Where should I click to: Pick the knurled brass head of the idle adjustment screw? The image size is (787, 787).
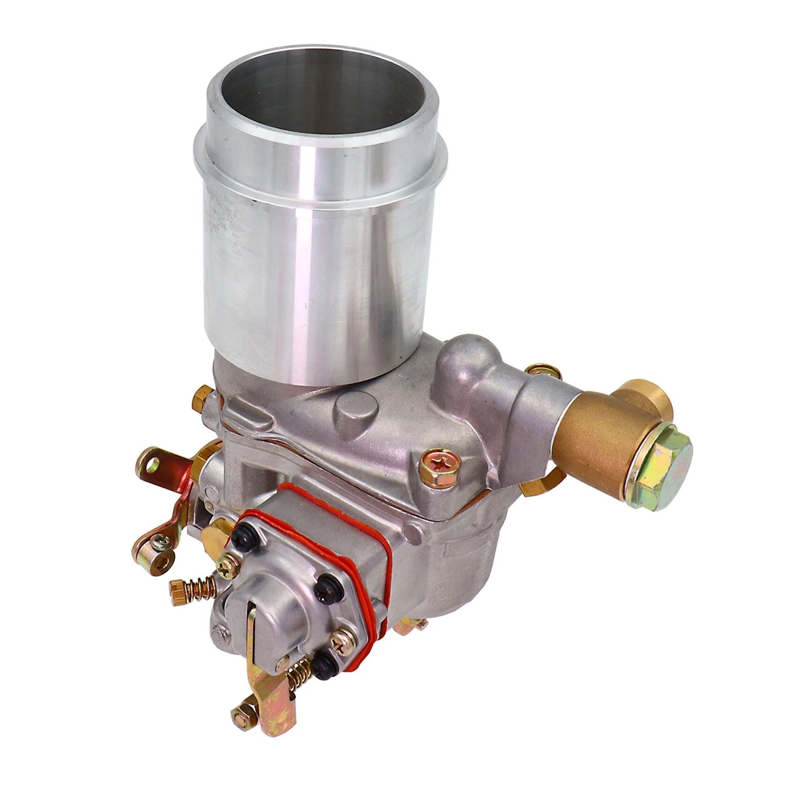pyautogui.click(x=176, y=586)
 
